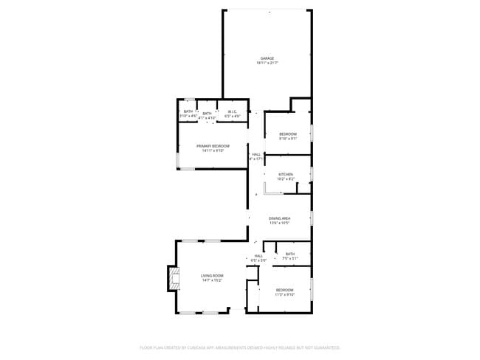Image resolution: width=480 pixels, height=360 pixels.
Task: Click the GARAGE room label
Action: [x=267, y=58]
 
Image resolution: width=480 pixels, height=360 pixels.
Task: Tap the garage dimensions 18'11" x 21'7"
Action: [x=267, y=63]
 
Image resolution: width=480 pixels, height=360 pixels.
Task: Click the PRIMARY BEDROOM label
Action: [x=213, y=146]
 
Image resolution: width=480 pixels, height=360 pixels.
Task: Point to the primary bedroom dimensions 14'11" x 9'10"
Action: [x=213, y=150]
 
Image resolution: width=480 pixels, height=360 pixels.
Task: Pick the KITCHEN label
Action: [x=285, y=174]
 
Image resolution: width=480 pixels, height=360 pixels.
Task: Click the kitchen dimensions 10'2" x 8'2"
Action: [x=285, y=179]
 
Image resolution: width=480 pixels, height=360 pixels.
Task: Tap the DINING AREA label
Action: [x=279, y=218]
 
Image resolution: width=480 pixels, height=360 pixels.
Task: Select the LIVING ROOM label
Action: [x=212, y=276]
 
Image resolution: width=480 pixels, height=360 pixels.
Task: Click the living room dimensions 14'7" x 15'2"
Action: [x=212, y=280]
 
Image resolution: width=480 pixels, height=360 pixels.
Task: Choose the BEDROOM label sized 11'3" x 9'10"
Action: [x=285, y=290]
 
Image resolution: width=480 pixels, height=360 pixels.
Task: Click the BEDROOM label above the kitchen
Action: [x=288, y=134]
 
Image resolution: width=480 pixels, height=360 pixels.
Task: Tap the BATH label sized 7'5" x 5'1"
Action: [x=290, y=254]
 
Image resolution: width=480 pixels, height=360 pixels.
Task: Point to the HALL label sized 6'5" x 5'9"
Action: [x=258, y=256]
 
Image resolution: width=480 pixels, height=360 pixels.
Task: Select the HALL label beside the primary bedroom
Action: [x=256, y=154]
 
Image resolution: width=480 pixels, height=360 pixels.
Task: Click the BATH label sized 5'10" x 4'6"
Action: [x=188, y=111]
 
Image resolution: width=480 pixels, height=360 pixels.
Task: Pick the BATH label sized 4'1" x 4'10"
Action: [x=207, y=114]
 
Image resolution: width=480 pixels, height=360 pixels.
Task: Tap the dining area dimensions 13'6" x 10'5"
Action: [x=279, y=223]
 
